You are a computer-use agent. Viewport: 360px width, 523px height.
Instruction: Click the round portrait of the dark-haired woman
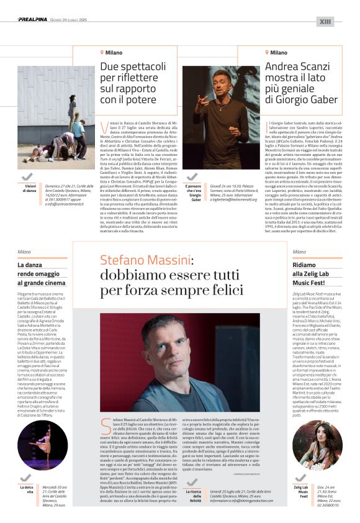point(318,446)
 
